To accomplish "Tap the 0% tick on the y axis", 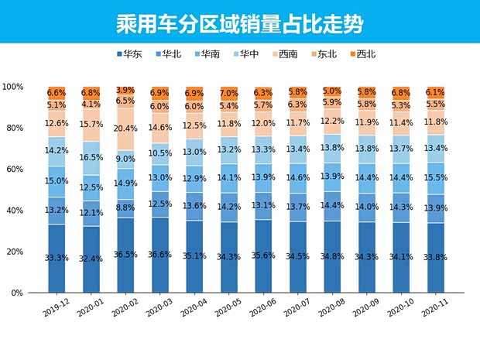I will [x=17, y=293].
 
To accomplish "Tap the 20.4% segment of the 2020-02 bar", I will [x=125, y=128].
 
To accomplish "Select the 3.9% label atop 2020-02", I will [x=125, y=91].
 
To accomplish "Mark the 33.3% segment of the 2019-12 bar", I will [x=57, y=258].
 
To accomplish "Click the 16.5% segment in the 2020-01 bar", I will [x=91, y=157].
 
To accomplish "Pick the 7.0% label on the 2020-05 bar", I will [x=229, y=93].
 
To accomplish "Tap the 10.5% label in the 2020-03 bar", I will [x=160, y=153].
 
